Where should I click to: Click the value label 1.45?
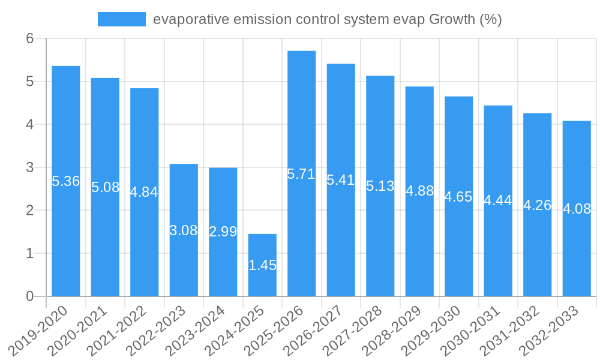coord(262,265)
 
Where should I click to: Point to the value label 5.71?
coord(301,174)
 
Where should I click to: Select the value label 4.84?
coord(144,192)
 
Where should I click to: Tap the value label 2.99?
coord(223,232)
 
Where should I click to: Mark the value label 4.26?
coord(537,205)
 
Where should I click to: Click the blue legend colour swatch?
coord(122,19)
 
